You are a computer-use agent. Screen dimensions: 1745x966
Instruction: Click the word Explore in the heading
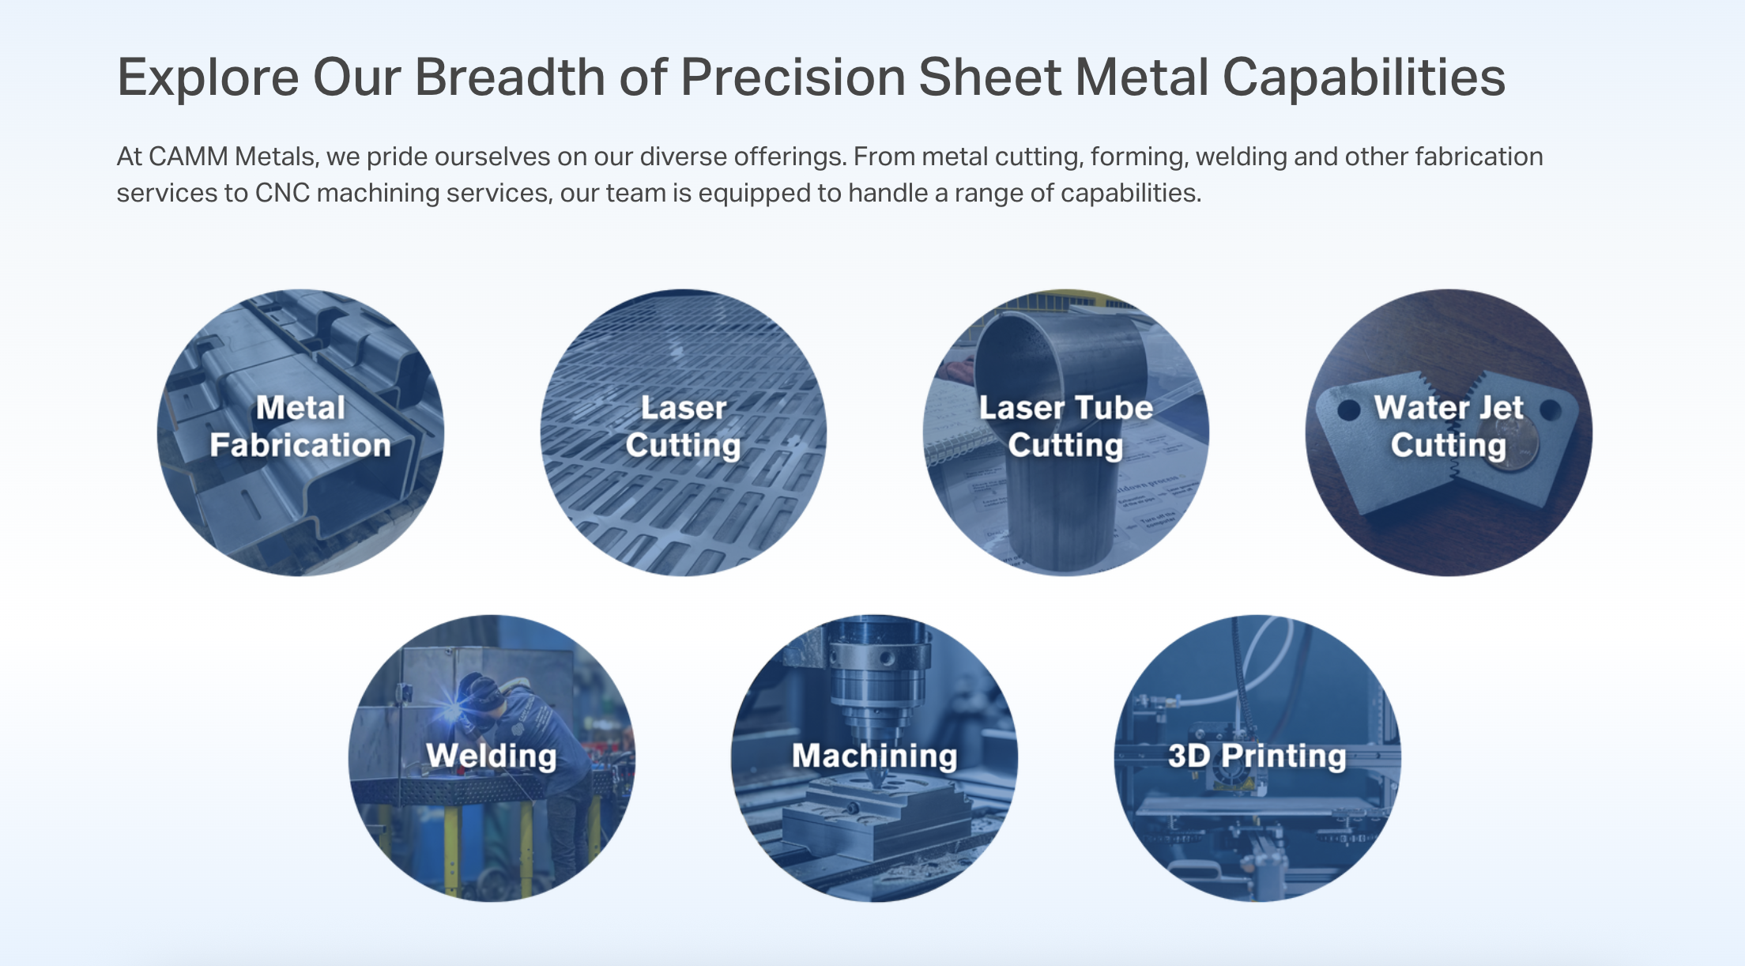coord(208,78)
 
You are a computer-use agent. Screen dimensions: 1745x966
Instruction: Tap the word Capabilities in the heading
coord(1364,78)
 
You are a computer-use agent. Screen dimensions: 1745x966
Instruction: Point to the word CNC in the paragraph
coord(282,193)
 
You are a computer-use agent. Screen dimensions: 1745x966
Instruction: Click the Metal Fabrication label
coord(300,427)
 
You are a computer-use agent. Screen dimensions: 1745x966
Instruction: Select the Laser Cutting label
coord(684,427)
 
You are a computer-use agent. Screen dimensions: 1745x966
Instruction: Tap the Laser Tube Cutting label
coord(1065,427)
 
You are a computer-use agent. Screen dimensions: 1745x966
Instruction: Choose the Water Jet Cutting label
coord(1449,427)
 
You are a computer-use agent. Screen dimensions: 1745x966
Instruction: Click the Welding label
coord(492,756)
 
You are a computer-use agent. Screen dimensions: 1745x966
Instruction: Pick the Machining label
coord(875,756)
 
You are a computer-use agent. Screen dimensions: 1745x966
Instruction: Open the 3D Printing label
coord(1257,756)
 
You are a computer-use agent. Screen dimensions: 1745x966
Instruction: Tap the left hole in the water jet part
coord(1348,409)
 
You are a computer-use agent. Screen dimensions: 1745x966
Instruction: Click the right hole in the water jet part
coord(1551,410)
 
